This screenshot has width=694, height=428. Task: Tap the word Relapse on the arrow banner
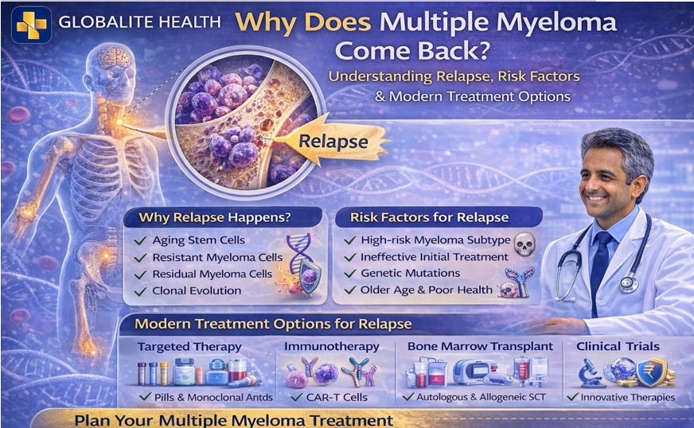point(333,142)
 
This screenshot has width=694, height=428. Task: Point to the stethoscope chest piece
point(629,282)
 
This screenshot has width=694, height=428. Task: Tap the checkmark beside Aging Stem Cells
point(140,240)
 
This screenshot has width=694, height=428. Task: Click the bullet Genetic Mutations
point(411,273)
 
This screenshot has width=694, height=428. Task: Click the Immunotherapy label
point(331,347)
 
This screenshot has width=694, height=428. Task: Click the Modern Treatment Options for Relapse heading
point(273,324)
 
